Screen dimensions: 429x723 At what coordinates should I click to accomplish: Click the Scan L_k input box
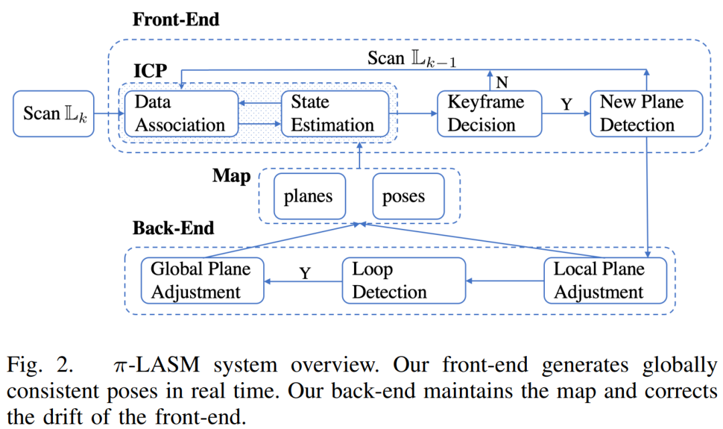tap(54, 113)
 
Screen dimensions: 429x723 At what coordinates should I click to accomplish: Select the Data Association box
tap(181, 113)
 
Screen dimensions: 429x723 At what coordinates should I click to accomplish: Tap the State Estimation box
tap(332, 113)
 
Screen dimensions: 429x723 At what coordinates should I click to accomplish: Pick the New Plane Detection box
tap(645, 113)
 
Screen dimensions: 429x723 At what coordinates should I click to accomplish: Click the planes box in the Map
tap(308, 197)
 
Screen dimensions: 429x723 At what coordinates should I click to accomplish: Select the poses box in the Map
tap(407, 197)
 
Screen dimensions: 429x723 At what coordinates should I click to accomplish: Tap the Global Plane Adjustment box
tap(200, 280)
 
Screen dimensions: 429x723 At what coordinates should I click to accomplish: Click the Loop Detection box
tap(403, 280)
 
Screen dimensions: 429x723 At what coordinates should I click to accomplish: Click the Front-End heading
tap(176, 19)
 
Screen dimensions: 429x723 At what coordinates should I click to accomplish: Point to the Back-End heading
tap(173, 228)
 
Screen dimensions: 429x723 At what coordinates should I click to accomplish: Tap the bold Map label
tap(232, 176)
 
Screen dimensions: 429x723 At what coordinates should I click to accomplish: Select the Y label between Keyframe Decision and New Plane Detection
tap(566, 104)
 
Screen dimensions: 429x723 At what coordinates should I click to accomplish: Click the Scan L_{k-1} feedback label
tap(411, 58)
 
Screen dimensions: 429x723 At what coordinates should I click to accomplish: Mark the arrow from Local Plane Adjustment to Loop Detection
tap(504, 281)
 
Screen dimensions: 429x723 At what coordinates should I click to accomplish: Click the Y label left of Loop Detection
tap(305, 273)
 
